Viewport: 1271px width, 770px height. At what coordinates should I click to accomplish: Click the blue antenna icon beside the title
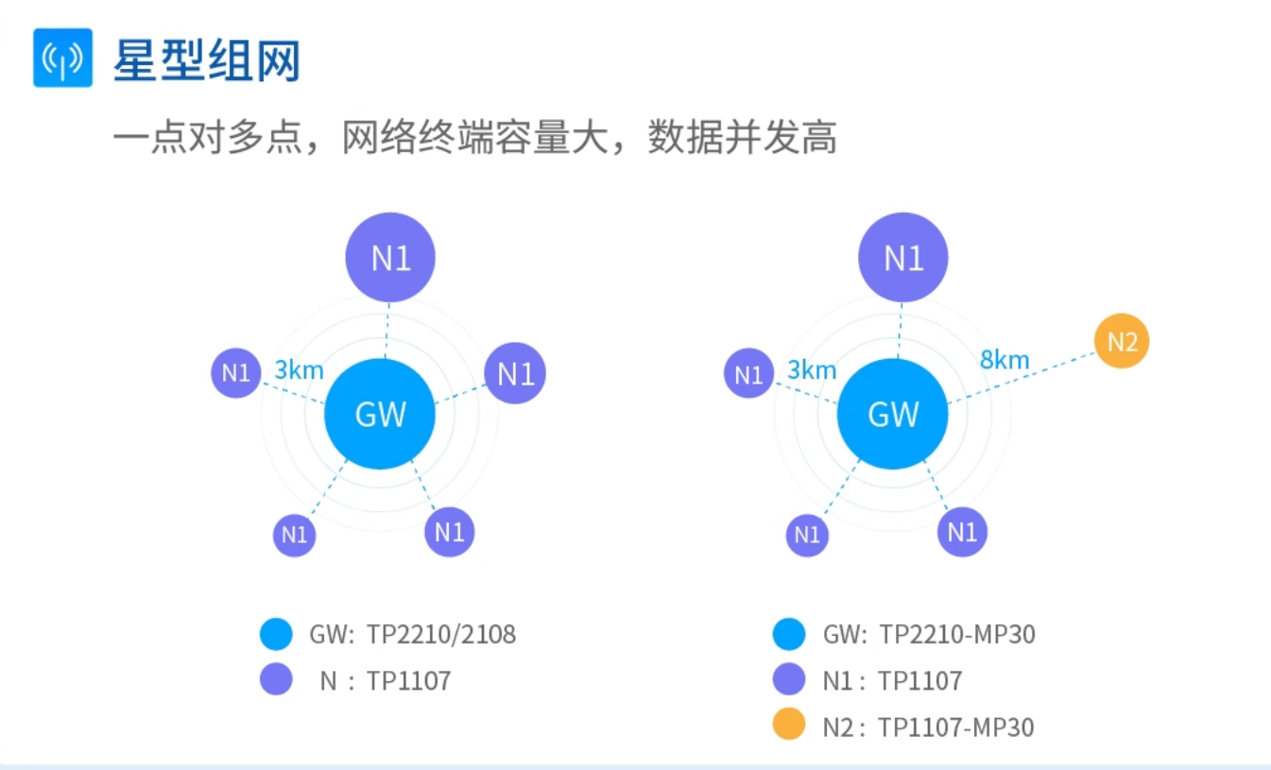coord(62,58)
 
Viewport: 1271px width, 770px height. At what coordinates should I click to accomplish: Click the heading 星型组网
coord(207,60)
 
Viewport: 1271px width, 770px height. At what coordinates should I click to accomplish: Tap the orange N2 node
coord(1122,341)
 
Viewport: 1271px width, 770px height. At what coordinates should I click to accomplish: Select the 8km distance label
coord(1004,360)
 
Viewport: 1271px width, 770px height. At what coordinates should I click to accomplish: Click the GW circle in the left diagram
coord(380,414)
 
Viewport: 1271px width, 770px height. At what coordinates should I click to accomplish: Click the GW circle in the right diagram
coord(893,414)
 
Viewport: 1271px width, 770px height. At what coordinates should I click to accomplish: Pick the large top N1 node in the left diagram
coord(390,257)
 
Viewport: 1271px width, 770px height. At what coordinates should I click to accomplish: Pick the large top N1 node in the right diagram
coord(902,257)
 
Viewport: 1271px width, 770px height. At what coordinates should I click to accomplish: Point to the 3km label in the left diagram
coord(300,369)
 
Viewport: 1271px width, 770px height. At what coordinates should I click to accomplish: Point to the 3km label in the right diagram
coord(812,369)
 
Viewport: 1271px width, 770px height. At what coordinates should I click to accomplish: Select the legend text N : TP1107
coord(386,680)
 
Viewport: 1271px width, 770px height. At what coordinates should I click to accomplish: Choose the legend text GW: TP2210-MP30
coord(929,634)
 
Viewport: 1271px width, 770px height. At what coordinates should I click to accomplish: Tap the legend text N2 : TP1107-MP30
coord(928,727)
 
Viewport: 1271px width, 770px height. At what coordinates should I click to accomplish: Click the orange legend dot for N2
coord(788,725)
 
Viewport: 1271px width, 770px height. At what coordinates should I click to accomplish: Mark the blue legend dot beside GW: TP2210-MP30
coord(788,634)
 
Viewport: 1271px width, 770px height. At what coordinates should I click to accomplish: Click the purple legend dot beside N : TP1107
coord(276,679)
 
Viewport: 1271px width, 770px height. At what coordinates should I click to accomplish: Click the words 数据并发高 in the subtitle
coord(743,139)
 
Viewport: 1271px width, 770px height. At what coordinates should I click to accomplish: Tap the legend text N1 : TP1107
coord(892,680)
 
